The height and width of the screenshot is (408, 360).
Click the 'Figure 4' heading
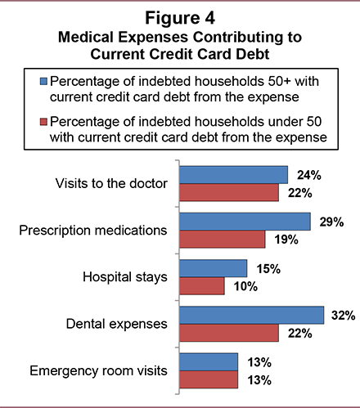click(x=180, y=18)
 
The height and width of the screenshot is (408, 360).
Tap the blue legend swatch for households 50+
click(x=43, y=81)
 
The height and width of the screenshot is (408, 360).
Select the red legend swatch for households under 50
click(x=43, y=122)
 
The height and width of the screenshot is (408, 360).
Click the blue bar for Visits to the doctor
click(x=234, y=175)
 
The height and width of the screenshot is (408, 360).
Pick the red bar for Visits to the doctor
click(x=229, y=192)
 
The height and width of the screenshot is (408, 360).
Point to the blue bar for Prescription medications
click(x=245, y=222)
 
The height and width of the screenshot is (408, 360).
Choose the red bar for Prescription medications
click(x=223, y=240)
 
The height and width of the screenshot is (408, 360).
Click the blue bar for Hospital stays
click(x=214, y=268)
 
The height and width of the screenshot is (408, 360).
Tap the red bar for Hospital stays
click(x=202, y=286)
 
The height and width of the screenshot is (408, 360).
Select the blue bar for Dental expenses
click(x=252, y=316)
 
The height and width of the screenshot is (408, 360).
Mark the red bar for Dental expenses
click(x=229, y=333)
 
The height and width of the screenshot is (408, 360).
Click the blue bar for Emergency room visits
click(x=209, y=362)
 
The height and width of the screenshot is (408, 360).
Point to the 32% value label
click(x=344, y=316)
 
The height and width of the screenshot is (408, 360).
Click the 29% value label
click(x=331, y=222)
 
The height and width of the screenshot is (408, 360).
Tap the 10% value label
click(x=245, y=286)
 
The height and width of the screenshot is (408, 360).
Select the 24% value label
click(x=309, y=175)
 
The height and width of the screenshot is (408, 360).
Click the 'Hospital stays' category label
click(x=125, y=277)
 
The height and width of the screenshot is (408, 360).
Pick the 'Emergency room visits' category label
click(x=98, y=370)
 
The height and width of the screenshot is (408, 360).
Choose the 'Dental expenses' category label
click(x=117, y=325)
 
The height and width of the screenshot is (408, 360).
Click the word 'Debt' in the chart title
click(x=253, y=54)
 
